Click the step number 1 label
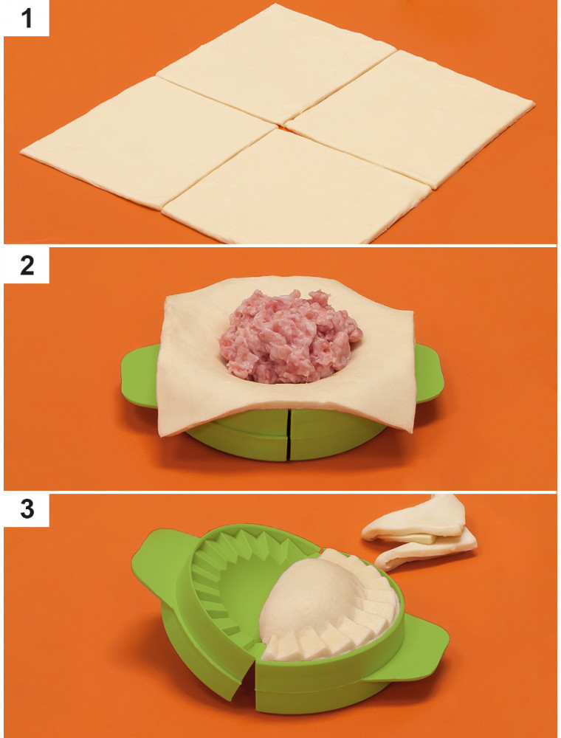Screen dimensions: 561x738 click(27, 19)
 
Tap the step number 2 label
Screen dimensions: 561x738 click(27, 266)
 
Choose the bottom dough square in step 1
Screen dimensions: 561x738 click(297, 188)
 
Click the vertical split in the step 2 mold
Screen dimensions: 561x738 click(289, 434)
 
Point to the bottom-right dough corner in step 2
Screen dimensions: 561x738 click(411, 431)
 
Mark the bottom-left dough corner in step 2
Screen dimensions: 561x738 click(162, 433)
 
